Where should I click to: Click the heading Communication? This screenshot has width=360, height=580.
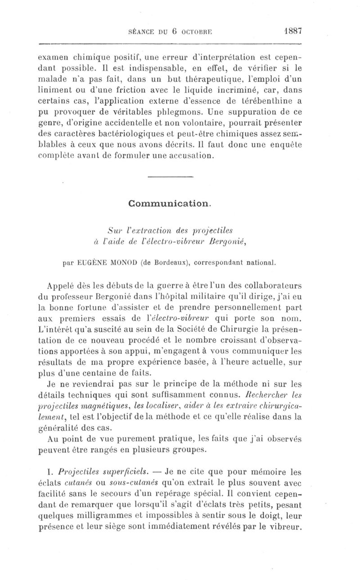pos(169,203)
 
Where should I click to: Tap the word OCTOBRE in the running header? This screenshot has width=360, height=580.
pos(194,32)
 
